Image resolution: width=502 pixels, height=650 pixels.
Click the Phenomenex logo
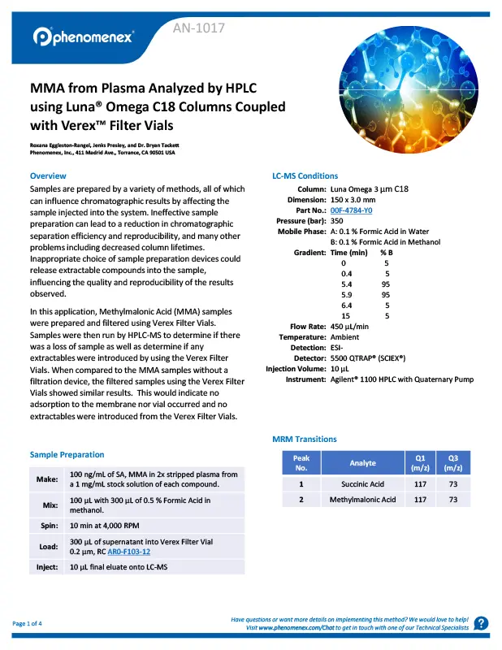pos(84,37)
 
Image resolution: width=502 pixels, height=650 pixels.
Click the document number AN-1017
pos(199,29)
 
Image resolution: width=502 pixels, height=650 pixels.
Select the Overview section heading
pos(48,175)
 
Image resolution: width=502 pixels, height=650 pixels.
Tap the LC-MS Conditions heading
pos(305,175)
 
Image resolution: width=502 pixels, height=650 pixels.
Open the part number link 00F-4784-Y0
pos(351,210)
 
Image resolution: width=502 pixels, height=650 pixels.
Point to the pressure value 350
pos(337,221)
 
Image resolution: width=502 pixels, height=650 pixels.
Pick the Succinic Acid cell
pos(362,484)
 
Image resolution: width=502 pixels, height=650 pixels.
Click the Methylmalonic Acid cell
pos(362,500)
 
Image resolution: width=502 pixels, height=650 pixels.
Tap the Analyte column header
pos(362,463)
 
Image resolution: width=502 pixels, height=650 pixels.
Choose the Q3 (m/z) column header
pos(448,463)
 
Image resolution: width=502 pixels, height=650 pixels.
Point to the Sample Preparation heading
pos(67,454)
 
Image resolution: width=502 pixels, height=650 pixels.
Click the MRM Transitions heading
pos(304,440)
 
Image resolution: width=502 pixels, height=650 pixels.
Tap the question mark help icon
pos(481,623)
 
